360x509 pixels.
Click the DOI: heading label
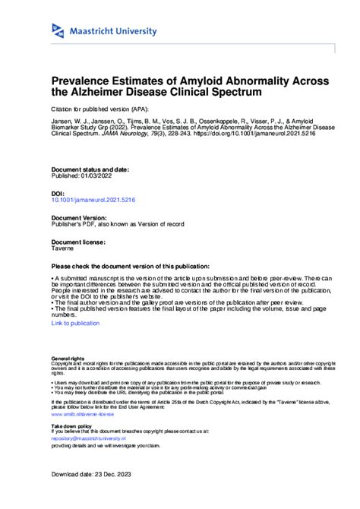tap(58, 193)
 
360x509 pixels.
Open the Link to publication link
tap(75, 323)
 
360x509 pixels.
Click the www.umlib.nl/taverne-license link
tap(82, 415)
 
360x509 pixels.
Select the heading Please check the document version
tap(130, 267)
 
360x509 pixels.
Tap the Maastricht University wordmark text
tap(114, 31)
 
